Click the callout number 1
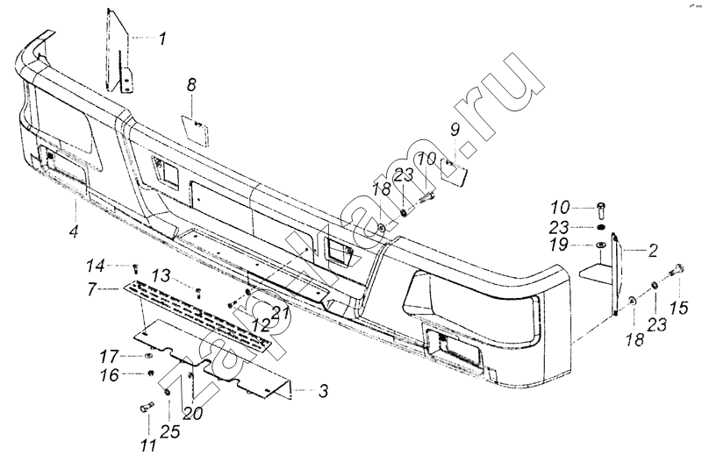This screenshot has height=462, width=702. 162,39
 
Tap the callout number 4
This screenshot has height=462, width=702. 74,231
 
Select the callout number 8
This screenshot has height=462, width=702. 191,84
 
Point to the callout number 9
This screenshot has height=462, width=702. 455,130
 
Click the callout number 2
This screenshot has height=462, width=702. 653,251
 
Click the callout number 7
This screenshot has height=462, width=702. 92,289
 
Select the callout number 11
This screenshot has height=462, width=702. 148,445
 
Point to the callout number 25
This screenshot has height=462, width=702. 170,431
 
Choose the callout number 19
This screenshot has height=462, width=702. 560,245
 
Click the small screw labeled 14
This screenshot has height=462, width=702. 135,268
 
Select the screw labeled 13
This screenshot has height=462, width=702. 198,293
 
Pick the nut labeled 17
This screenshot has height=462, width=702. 148,357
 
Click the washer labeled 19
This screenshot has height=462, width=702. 600,245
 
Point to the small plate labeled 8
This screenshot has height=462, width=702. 195,131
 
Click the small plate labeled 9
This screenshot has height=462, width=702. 454,172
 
